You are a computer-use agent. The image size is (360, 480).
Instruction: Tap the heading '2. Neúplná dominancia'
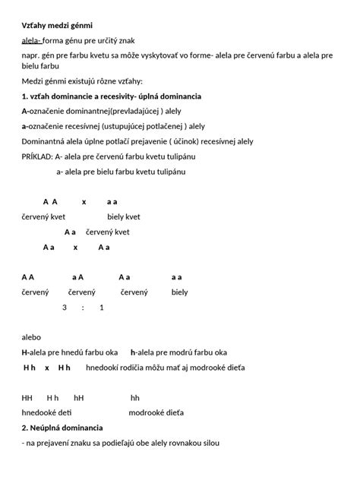click(x=62, y=428)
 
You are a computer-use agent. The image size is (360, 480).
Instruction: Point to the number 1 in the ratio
click(x=101, y=308)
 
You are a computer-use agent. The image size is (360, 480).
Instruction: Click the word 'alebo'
click(x=31, y=337)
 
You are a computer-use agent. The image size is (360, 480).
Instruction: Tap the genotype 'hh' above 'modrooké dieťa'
click(x=135, y=397)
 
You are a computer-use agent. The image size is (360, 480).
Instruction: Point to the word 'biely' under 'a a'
click(x=179, y=292)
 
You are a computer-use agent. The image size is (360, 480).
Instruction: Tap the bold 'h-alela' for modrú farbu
click(x=144, y=352)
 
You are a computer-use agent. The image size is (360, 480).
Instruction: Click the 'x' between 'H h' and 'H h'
click(x=47, y=368)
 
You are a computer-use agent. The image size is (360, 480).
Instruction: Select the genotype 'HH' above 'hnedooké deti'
click(x=27, y=397)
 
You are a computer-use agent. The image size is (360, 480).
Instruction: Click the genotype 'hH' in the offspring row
click(x=79, y=397)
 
